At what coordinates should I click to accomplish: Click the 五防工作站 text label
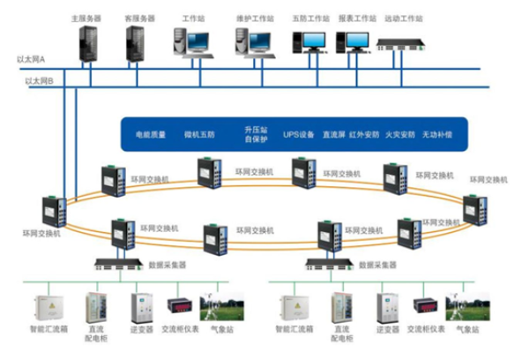point(309,18)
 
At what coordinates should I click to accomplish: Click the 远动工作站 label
point(405,18)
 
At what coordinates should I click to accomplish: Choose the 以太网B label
point(41,80)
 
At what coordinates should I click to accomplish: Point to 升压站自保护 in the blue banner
point(255,135)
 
